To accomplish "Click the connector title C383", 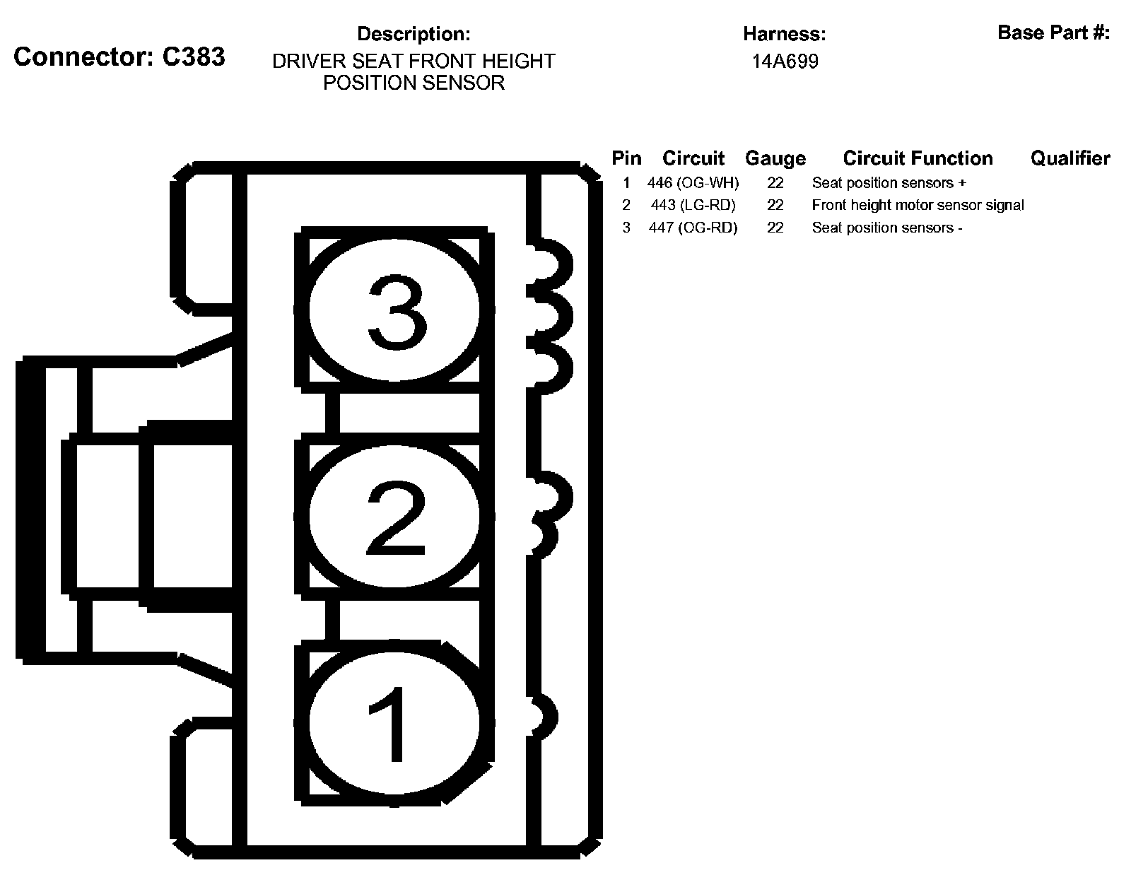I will click(119, 57).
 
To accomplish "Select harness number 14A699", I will click(785, 61).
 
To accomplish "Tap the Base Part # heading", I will click(1053, 33).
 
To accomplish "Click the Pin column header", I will click(626, 158).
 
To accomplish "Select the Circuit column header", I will click(693, 158).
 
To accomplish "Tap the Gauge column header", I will click(775, 158).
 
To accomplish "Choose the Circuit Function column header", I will click(918, 158).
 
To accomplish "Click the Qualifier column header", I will click(1070, 158).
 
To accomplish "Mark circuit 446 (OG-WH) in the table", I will click(693, 183).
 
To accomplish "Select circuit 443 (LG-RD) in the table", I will click(693, 206).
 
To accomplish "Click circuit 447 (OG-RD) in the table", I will click(693, 228).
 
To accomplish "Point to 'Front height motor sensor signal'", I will click(918, 206).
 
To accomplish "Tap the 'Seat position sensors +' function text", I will click(889, 183).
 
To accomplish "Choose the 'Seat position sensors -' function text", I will click(886, 228).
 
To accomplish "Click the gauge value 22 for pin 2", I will click(775, 206).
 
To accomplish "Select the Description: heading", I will click(414, 34).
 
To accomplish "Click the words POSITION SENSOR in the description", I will click(414, 83).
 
